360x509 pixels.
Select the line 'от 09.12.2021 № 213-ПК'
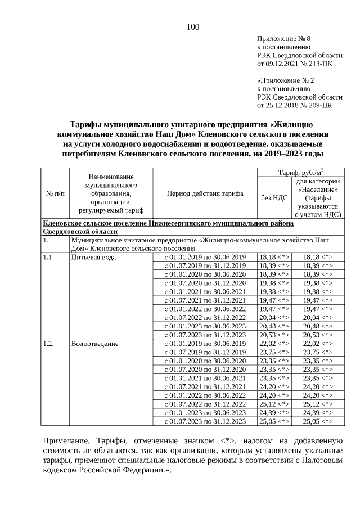[x=295, y=64]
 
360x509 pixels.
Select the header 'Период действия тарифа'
[x=205, y=193]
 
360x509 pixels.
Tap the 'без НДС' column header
[x=273, y=197]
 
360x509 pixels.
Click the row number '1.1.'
[x=49, y=257]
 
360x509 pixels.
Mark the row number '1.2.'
[x=49, y=343]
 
